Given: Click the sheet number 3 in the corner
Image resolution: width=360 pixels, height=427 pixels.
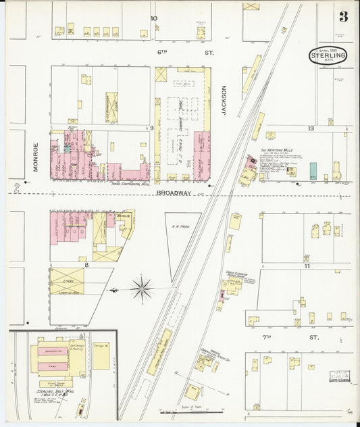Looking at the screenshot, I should point(343,17).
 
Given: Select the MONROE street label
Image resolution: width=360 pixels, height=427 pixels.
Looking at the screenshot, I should point(35,157).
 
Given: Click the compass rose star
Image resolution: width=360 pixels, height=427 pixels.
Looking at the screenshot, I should point(142,289).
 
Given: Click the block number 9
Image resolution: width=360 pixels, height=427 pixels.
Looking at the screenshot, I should point(153,128).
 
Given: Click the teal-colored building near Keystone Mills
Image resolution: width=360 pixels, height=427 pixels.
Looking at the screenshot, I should point(313,170).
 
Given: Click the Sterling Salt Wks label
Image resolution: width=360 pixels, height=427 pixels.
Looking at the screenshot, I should point(49,391).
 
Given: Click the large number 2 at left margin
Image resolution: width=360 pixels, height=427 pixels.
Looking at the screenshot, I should point(15,189).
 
